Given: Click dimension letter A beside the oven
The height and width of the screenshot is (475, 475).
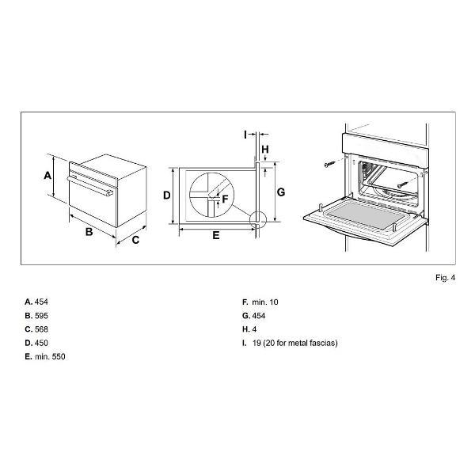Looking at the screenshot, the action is tap(47, 175).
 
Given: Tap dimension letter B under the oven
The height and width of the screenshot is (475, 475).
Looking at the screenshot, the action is tap(89, 232).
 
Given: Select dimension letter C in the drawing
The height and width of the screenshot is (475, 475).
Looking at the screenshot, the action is tap(135, 240).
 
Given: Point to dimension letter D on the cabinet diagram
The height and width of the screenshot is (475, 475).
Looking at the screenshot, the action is tap(167, 196).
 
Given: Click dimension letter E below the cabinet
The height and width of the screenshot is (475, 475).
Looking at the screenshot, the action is tap(216, 235).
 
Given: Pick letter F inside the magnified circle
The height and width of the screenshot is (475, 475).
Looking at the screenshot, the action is tap(225, 199).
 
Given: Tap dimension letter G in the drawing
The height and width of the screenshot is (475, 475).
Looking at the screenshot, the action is tap(281, 192).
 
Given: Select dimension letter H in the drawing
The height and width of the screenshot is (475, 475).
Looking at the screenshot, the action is tap(265, 150).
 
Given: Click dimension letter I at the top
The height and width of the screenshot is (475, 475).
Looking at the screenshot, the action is tap(245, 135).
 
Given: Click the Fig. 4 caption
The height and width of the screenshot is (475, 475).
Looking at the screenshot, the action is tap(445, 278).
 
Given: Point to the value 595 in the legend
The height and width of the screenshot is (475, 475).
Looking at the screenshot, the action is tap(41, 316).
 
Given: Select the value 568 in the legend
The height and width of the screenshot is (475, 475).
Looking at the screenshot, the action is tap(41, 329).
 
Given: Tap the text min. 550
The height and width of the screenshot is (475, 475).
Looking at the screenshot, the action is tap(50, 356).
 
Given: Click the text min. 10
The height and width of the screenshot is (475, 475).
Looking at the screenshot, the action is tap(265, 302).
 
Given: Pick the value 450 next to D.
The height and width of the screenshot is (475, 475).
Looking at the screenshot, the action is tap(41, 343).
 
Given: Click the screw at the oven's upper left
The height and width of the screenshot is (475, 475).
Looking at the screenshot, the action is tap(330, 164).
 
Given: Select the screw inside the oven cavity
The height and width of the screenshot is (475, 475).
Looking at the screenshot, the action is tap(403, 184).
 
